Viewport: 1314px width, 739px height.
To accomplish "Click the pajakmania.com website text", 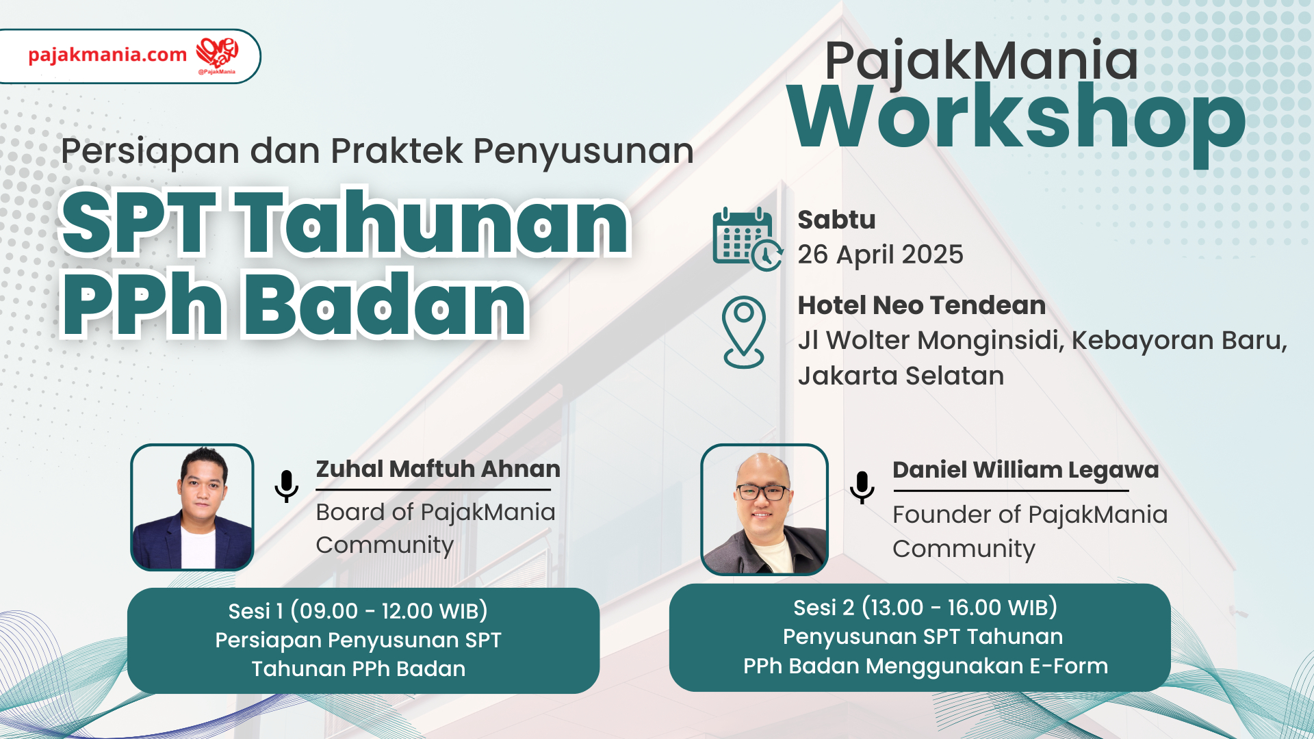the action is click(x=107, y=55).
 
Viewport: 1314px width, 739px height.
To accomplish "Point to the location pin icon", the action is click(x=744, y=332).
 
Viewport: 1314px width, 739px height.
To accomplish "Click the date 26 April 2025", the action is click(x=880, y=255).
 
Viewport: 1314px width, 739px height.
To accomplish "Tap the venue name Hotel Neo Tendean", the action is click(x=922, y=305).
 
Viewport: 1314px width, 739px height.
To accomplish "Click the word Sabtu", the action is click(x=836, y=220).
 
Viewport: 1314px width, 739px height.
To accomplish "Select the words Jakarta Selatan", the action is click(x=901, y=376).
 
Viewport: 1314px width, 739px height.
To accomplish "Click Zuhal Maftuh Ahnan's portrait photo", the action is click(x=192, y=507).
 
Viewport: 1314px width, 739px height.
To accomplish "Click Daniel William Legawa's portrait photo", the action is click(x=764, y=510).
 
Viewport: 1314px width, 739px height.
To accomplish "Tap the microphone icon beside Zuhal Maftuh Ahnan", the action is click(x=287, y=487).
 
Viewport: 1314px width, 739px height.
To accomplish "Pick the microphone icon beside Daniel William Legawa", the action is click(x=862, y=488).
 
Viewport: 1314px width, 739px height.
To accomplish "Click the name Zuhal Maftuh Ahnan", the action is click(x=438, y=469).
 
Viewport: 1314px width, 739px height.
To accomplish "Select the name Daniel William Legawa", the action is click(x=1026, y=470).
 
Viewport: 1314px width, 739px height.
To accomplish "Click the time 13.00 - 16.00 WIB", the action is click(x=959, y=608).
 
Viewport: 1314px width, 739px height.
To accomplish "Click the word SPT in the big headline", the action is click(x=138, y=223).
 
